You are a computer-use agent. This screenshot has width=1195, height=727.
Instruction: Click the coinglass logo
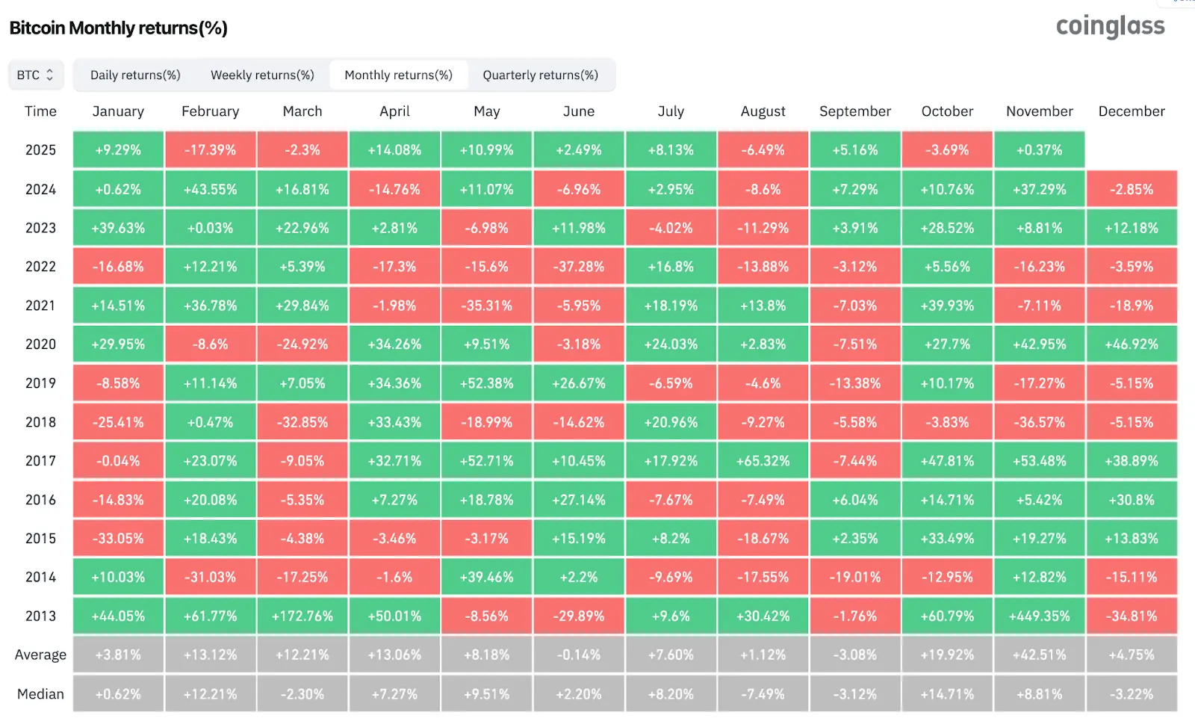tap(1110, 26)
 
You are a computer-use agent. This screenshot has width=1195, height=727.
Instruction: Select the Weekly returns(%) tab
tap(262, 75)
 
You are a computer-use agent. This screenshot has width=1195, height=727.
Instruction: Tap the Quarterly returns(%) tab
tap(540, 75)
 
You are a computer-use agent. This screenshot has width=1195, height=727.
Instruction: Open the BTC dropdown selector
tap(35, 75)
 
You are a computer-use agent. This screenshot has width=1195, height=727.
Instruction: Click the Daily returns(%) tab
tap(135, 75)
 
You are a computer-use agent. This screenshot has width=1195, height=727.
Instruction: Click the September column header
tap(855, 111)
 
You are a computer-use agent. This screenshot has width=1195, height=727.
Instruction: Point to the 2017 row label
tap(40, 461)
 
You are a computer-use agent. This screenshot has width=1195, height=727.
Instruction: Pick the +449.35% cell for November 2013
tap(1039, 616)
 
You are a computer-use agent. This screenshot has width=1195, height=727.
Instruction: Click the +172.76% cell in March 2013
tap(302, 616)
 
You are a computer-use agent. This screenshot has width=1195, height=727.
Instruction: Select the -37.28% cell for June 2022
tap(579, 267)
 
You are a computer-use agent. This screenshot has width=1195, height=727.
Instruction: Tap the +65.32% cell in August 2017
tap(763, 461)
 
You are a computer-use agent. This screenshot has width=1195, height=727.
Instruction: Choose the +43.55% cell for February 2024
tap(210, 190)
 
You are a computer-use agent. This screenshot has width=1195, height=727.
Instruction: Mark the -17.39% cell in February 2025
tap(210, 150)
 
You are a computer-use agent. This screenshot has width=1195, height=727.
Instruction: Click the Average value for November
tap(1039, 655)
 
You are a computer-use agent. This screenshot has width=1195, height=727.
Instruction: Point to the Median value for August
tap(763, 694)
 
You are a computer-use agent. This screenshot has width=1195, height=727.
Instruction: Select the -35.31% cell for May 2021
tap(486, 306)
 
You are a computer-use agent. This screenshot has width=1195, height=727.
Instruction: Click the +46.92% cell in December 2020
tap(1132, 344)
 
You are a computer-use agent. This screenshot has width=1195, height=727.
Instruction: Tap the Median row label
tap(40, 694)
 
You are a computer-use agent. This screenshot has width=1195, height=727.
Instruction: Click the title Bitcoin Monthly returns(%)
tap(118, 28)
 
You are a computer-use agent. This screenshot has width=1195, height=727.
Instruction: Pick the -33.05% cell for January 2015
tap(118, 539)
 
